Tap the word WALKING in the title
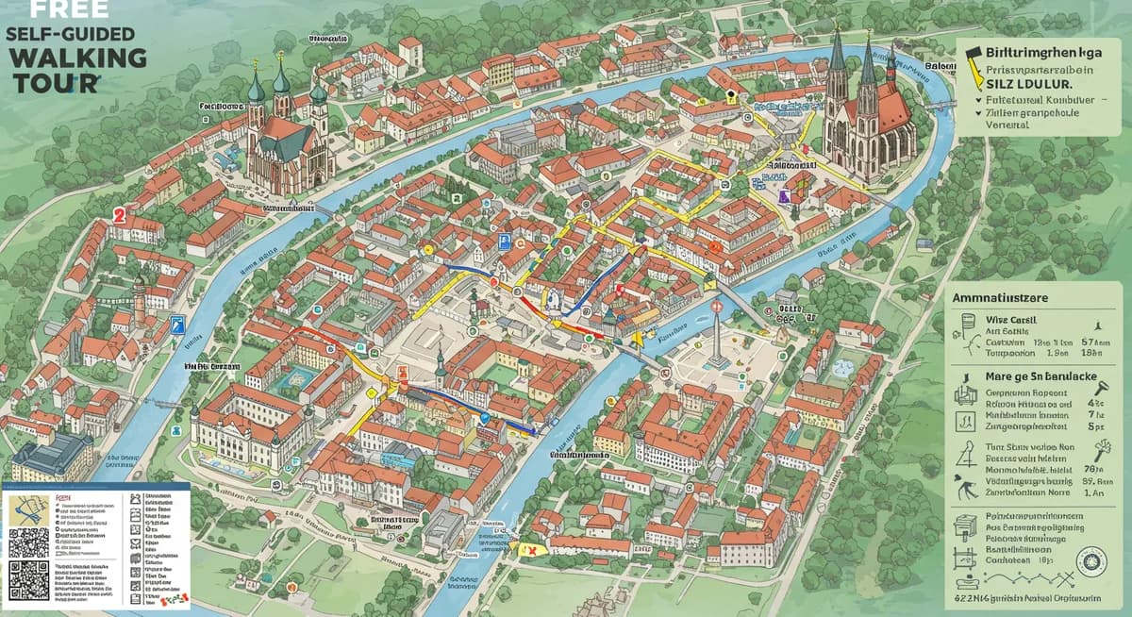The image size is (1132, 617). (x=79, y=58)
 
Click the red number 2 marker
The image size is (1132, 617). (x=119, y=215)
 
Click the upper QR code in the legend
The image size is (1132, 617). (x=28, y=544)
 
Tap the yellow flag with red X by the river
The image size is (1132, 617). (x=528, y=548)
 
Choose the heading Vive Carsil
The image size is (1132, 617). (x=1009, y=321)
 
